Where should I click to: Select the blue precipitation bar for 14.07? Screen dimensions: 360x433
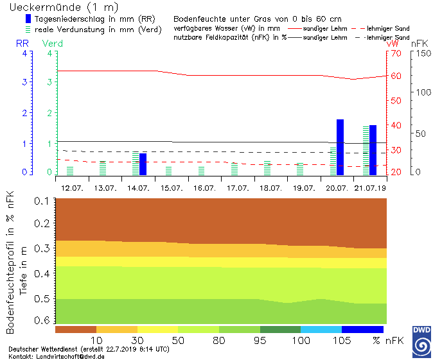click(143, 164)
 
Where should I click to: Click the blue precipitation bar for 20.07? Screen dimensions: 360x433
click(340, 148)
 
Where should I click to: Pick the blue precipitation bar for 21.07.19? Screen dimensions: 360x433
click(373, 150)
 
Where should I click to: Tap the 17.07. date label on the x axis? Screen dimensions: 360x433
click(238, 188)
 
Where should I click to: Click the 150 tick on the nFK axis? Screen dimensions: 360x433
click(418, 54)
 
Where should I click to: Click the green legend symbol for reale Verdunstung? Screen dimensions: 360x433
click(28, 30)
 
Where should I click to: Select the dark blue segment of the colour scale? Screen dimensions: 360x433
click(362, 329)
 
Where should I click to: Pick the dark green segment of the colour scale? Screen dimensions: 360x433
click(280, 329)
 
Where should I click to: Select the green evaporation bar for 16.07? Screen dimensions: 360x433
click(201, 171)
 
